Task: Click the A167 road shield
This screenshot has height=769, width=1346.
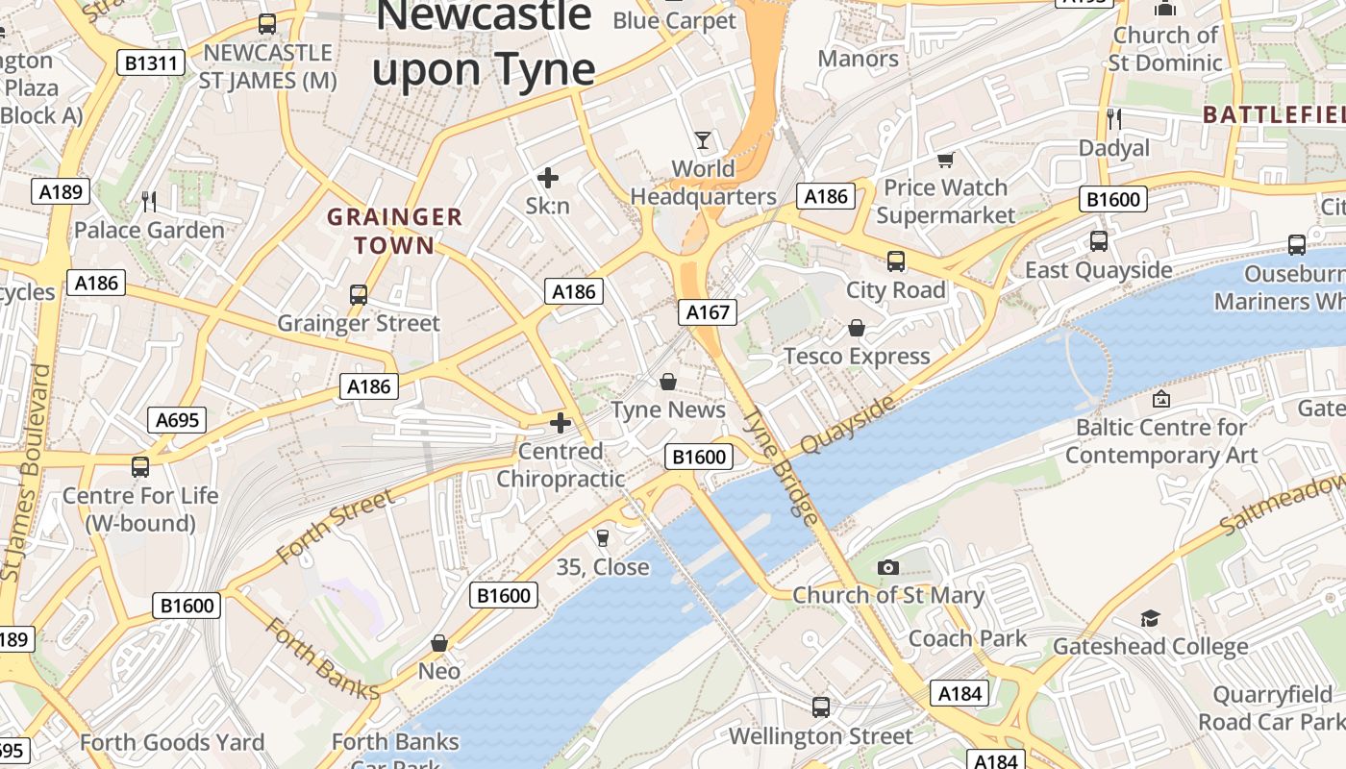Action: point(708,311)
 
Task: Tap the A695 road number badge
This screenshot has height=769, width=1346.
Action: point(177,420)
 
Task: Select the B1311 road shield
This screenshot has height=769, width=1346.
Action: point(151,63)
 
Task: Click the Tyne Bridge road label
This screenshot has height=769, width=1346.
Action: point(782,465)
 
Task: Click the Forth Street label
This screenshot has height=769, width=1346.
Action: point(335,527)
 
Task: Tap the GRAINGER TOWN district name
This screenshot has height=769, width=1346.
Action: point(394,231)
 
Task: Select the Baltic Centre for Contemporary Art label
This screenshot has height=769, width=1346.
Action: point(1160,441)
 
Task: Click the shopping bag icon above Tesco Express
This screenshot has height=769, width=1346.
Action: point(857,329)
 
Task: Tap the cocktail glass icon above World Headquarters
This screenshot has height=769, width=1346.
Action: point(703,140)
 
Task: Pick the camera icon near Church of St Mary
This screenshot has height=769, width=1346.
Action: point(888,567)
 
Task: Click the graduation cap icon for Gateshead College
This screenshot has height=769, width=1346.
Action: point(1150,618)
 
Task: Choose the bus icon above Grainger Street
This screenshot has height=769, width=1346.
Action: point(359,295)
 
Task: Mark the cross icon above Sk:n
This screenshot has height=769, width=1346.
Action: point(548,178)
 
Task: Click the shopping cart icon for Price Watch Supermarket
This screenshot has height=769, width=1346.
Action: point(946,160)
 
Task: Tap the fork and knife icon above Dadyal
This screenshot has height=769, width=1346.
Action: point(1114,119)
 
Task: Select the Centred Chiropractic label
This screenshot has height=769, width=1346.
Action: point(561,464)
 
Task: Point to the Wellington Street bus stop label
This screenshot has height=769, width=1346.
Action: point(820,736)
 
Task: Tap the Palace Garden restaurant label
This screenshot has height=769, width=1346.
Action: point(149,230)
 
